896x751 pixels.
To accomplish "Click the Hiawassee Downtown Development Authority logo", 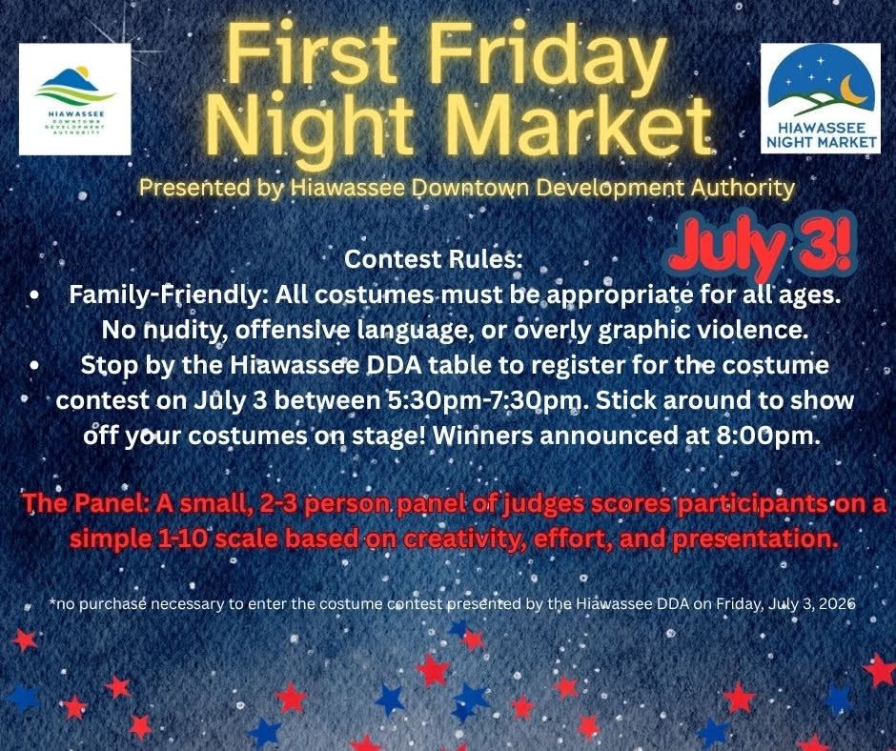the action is tap(75, 99).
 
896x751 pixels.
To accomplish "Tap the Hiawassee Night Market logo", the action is tap(820, 98).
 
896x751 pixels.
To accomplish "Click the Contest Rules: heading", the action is tap(433, 259).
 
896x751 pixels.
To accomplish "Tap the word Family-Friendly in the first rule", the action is tap(165, 295).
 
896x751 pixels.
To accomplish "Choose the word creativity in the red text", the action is tap(459, 539).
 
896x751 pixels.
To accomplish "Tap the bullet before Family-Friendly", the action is tap(35, 296).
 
